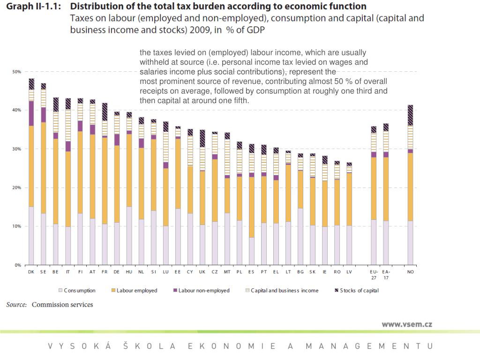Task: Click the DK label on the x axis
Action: tap(31, 272)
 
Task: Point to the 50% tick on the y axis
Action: tap(16, 72)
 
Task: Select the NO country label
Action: tap(411, 272)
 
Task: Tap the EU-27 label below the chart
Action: tap(374, 274)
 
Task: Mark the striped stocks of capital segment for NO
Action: tap(411, 115)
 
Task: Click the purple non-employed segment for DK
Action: tap(31, 113)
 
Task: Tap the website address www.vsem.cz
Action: tap(407, 324)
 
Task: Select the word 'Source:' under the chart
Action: tap(16, 305)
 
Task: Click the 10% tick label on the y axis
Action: tap(16, 226)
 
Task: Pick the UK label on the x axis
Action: tap(202, 272)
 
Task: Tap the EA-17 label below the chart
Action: tap(386, 274)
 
